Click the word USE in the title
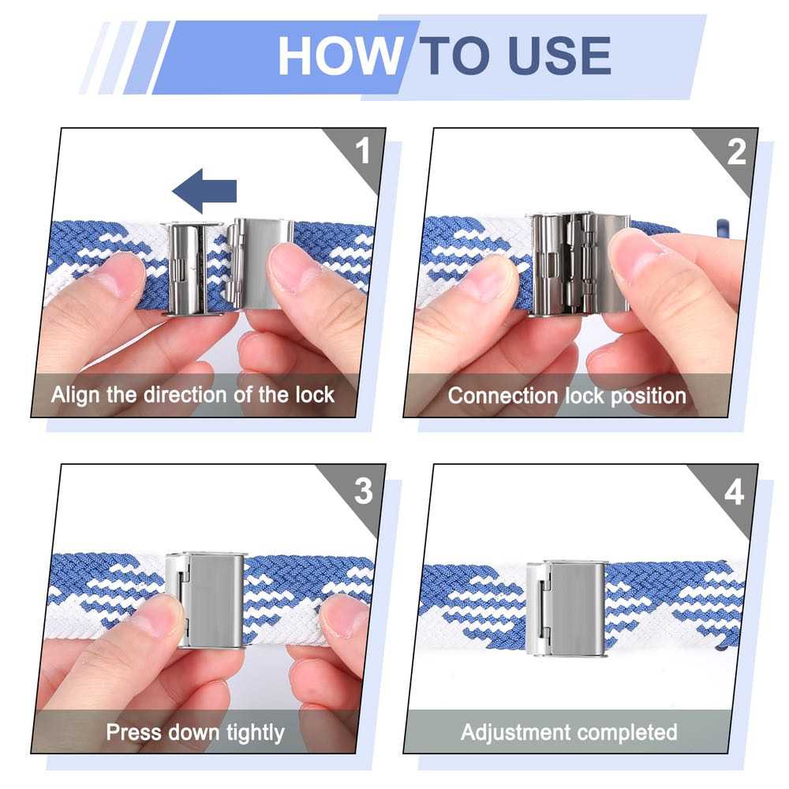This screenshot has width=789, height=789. (559, 55)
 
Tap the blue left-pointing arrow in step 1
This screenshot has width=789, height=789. (204, 191)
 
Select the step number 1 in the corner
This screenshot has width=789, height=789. (362, 151)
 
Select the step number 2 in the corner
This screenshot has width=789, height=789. (737, 151)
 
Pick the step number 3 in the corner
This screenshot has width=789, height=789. (363, 491)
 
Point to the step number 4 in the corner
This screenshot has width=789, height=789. (734, 492)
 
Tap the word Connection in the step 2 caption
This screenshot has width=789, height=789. (504, 395)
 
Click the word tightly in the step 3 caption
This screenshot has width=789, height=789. (255, 733)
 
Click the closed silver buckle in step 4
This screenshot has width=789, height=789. (566, 608)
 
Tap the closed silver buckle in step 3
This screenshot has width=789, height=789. (205, 600)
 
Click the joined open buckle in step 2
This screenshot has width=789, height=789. (578, 264)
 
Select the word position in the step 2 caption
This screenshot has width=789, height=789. (649, 397)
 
